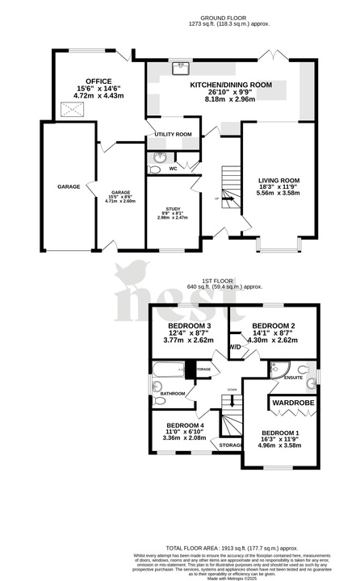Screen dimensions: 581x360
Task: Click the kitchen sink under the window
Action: [182, 67]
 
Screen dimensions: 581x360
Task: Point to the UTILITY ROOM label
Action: [174, 134]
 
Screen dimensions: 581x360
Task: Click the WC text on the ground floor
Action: [173, 169]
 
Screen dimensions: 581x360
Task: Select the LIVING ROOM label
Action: [278, 180]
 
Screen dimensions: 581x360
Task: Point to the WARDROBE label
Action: [292, 402]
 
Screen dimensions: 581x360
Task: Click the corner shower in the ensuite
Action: [276, 369]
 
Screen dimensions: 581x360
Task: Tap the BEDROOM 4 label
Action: [185, 425]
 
